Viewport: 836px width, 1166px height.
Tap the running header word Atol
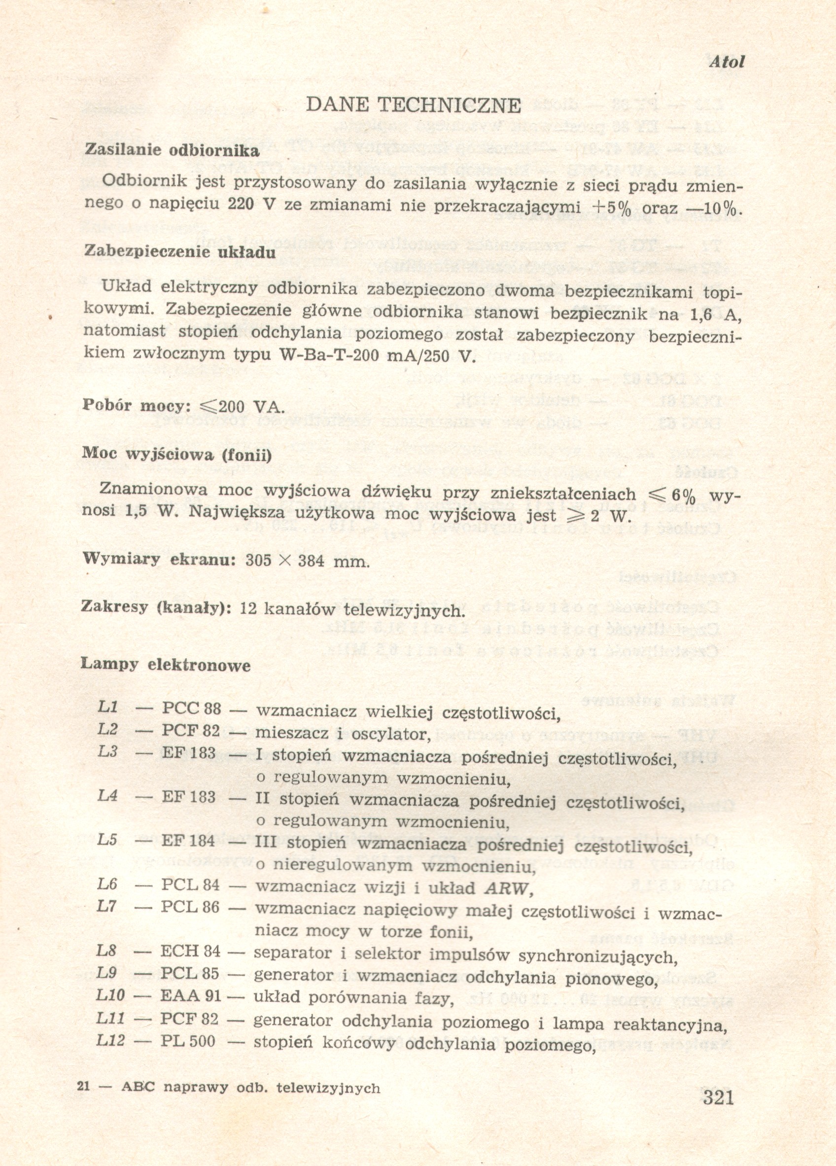click(x=727, y=62)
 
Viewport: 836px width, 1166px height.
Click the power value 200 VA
click(x=251, y=407)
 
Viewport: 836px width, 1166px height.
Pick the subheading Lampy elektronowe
click(x=166, y=665)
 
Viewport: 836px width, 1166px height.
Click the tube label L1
click(x=108, y=707)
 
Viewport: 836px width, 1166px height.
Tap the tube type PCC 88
click(x=191, y=708)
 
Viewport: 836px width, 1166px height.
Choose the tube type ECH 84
click(x=190, y=951)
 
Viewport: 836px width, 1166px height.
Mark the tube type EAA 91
click(x=190, y=995)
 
